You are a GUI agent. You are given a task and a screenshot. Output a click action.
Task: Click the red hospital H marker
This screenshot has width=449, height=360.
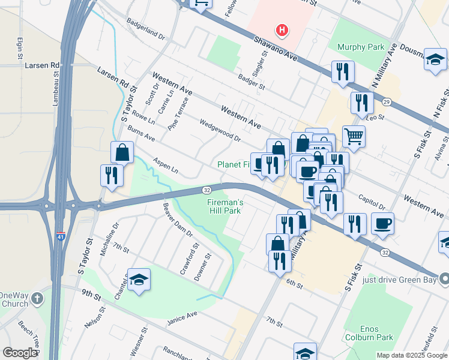pyautogui.click(x=281, y=29)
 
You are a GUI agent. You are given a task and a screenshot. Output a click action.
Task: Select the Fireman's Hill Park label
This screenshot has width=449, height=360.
pyautogui.click(x=225, y=207)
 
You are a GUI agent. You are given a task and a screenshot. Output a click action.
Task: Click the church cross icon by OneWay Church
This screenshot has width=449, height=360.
pyautogui.click(x=37, y=298)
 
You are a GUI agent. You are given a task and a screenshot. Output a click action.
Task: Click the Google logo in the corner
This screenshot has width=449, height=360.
pyautogui.click(x=19, y=353)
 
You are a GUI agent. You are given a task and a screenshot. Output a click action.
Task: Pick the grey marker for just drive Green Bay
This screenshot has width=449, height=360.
pyautogui.click(x=444, y=278)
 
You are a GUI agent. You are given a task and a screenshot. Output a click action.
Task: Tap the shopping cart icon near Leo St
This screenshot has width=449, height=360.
pyautogui.click(x=354, y=136)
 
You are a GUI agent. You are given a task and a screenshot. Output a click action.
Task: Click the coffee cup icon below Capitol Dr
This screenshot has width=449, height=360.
pyautogui.click(x=382, y=224)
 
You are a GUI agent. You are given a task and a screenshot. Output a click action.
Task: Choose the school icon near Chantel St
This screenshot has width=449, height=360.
pyautogui.click(x=139, y=280)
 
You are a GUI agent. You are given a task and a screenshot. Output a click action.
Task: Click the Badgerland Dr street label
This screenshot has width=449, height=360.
pyautogui.click(x=145, y=28)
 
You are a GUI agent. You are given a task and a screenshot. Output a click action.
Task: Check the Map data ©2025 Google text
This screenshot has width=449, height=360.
pyautogui.click(x=411, y=355)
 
